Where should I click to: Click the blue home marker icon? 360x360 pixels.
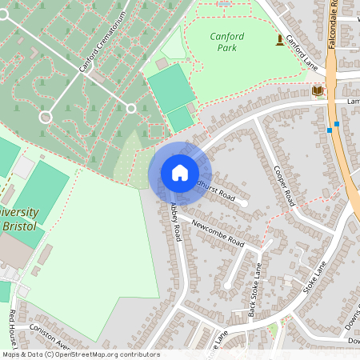point(179,172)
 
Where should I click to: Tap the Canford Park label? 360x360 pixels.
point(227,42)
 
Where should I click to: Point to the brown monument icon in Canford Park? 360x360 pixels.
point(279,39)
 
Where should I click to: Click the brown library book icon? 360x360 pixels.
point(318,90)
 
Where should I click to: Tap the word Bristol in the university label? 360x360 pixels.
point(19,227)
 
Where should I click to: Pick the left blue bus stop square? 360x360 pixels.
point(329,130)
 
